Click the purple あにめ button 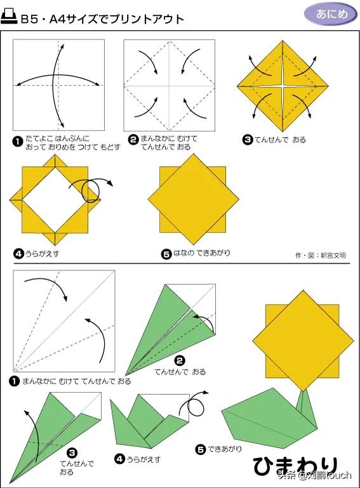[330, 14]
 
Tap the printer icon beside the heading [9, 16]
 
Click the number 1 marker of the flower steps [18, 142]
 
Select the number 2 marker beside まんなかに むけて [133, 140]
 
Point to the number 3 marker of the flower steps [248, 140]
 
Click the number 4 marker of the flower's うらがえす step [18, 254]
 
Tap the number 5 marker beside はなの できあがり [166, 254]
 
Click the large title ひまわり [295, 466]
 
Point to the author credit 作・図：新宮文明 [321, 256]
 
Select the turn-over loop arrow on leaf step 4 [194, 404]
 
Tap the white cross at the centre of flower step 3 [283, 85]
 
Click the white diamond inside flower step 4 [55, 200]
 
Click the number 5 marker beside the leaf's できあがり [201, 449]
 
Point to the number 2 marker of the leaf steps [180, 361]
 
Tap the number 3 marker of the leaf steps [72, 453]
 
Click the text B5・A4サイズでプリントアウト [102, 19]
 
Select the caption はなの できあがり [201, 253]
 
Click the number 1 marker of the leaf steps [15, 381]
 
